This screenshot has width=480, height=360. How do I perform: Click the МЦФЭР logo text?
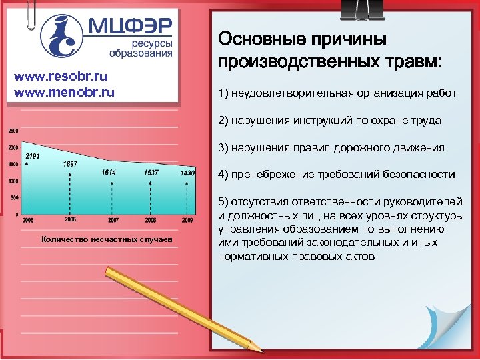(x=129, y=26)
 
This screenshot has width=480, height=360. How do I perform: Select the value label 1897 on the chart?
(x=70, y=164)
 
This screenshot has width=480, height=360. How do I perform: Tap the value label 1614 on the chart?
(x=109, y=173)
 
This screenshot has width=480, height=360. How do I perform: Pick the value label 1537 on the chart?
(x=150, y=173)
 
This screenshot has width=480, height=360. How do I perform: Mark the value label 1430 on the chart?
(x=187, y=173)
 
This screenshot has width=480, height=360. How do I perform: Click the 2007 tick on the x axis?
(x=113, y=219)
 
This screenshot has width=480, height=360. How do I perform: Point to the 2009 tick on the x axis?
(x=187, y=219)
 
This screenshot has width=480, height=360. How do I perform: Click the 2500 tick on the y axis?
(x=13, y=130)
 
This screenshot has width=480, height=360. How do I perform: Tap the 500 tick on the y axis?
(x=15, y=198)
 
